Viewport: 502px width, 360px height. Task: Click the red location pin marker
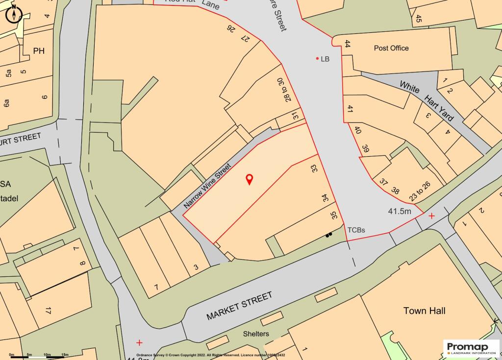(249, 179)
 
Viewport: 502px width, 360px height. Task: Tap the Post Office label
(391, 48)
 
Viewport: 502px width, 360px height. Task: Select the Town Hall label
(424, 311)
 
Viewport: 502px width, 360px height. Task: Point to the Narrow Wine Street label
(207, 188)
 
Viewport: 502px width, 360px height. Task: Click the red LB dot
(318, 59)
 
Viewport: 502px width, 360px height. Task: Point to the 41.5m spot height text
(399, 212)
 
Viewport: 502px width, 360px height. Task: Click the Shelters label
(256, 334)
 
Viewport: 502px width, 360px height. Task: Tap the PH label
(39, 50)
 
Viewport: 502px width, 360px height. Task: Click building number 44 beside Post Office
(348, 44)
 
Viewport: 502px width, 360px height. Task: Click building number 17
(48, 311)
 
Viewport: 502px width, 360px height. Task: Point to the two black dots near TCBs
(328, 235)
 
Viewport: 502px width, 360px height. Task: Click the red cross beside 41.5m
(431, 216)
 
